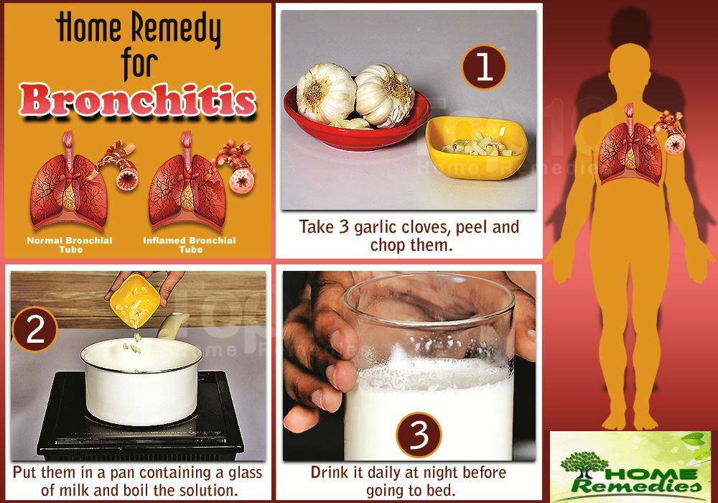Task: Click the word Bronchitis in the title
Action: tap(137, 100)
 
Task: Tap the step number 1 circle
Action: tap(484, 67)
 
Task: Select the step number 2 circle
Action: tap(34, 329)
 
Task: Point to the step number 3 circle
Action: tap(419, 435)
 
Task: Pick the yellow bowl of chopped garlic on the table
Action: tap(477, 147)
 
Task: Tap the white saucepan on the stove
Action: tap(142, 381)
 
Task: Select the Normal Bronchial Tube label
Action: tap(69, 244)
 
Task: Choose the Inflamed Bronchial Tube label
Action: tap(190, 244)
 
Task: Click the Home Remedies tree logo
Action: tap(630, 466)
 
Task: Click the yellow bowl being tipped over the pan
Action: tap(135, 301)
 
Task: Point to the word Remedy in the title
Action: tap(176, 29)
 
